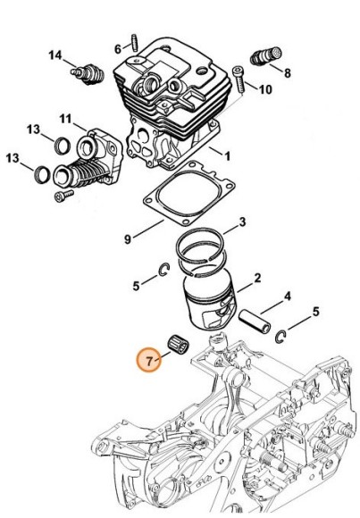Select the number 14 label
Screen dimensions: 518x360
click(55, 56)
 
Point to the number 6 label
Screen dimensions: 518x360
click(117, 47)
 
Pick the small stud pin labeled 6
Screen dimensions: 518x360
click(132, 42)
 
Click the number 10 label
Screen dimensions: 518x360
click(265, 89)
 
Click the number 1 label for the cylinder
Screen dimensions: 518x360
click(227, 155)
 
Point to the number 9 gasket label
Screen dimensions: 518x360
click(128, 238)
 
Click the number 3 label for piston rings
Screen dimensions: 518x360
click(242, 221)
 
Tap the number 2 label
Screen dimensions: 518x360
click(257, 280)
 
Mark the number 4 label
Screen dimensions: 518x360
click(287, 296)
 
